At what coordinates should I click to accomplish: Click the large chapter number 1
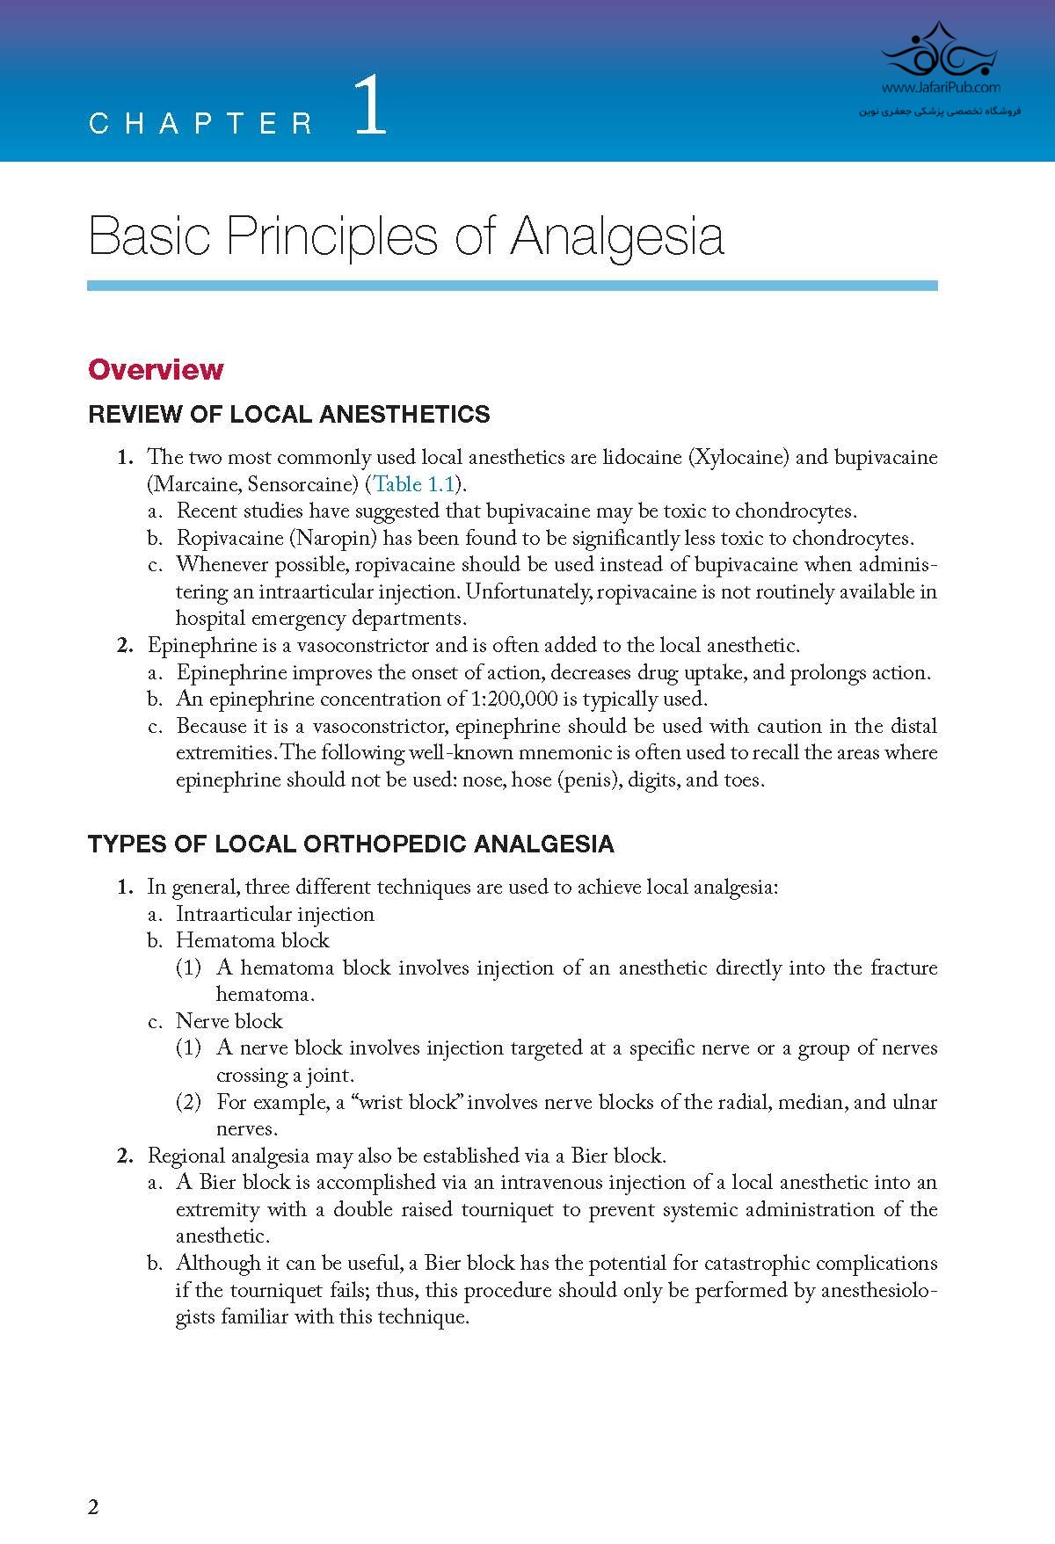click(370, 105)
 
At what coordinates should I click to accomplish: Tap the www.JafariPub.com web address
click(940, 88)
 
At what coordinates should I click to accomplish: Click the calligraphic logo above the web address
click(940, 53)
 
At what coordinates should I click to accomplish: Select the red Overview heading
click(156, 369)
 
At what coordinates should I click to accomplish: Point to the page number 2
click(93, 1508)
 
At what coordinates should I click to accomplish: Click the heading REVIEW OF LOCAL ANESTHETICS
click(289, 415)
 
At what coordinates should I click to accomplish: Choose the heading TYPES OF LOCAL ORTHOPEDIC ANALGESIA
click(351, 844)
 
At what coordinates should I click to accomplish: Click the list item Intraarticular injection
click(275, 914)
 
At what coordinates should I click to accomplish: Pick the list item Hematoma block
click(252, 940)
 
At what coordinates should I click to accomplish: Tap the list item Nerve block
click(229, 1021)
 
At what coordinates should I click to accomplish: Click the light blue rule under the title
click(512, 286)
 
